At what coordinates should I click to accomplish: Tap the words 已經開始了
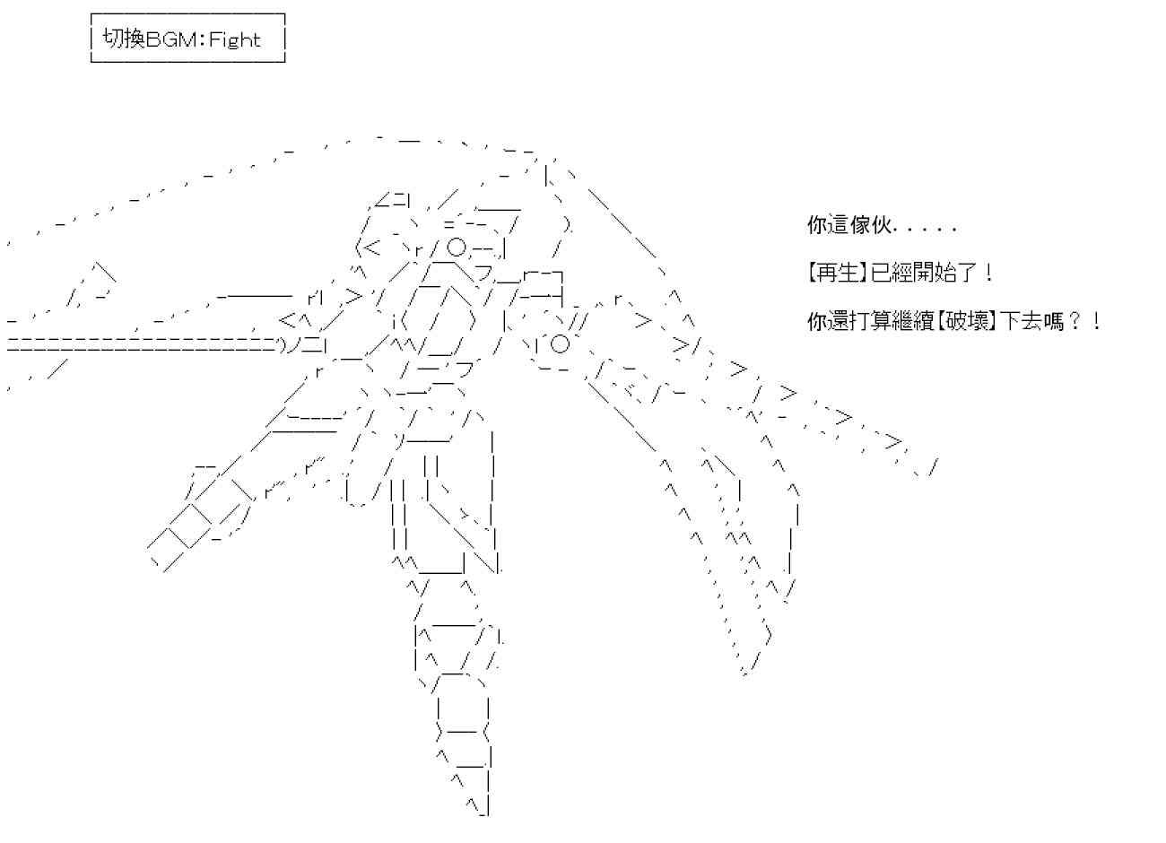click(923, 273)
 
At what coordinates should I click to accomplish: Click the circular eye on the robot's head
click(456, 246)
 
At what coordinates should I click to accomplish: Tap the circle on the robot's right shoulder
click(559, 343)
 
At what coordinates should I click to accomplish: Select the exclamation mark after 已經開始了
click(988, 273)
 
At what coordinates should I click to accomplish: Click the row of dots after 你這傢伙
click(924, 230)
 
